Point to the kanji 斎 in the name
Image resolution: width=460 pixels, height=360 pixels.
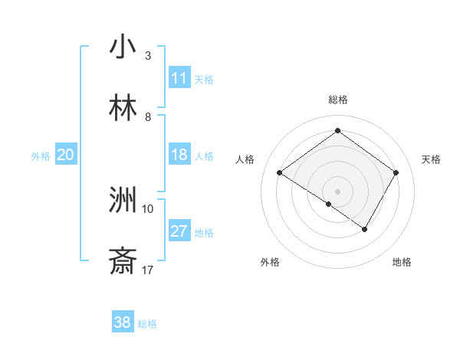point(123,262)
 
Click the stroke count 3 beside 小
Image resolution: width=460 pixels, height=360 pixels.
point(148,55)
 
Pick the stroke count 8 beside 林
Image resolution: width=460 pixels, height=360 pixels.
point(148,117)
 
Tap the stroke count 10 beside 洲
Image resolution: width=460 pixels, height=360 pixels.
point(148,208)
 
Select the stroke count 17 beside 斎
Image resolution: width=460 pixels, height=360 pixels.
point(148,270)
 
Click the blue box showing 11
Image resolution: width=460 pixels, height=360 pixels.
point(179,78)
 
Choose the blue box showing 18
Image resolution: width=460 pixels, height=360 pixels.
point(179,155)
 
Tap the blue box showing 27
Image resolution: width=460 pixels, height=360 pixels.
point(179,231)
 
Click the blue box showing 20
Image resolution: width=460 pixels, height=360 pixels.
point(65,155)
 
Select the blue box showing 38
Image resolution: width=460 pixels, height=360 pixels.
point(123,322)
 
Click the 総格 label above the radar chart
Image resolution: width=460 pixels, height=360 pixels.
point(337,100)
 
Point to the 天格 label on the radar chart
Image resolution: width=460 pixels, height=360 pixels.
point(431,159)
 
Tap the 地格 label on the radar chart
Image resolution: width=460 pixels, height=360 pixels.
point(402,262)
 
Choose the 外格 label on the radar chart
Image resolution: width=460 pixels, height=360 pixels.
point(270,262)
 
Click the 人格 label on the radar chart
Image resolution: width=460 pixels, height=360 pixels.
point(245,159)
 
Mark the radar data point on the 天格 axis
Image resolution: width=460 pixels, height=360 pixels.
point(396,173)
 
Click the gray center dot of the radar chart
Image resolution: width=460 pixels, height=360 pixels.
point(337,191)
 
